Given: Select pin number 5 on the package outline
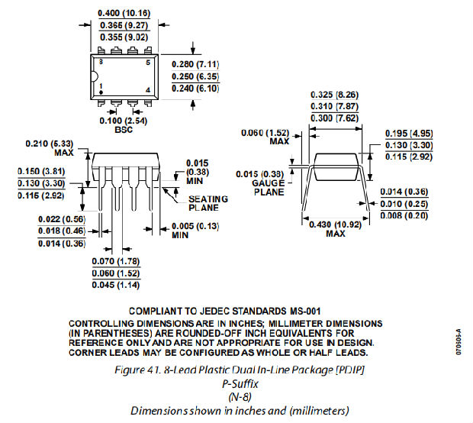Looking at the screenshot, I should [148, 60].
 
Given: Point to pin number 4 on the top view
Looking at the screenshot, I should [148, 91].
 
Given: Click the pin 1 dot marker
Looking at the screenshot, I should [101, 92].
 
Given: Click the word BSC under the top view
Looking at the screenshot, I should [124, 130].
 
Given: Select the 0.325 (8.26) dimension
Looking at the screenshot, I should [336, 95].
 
